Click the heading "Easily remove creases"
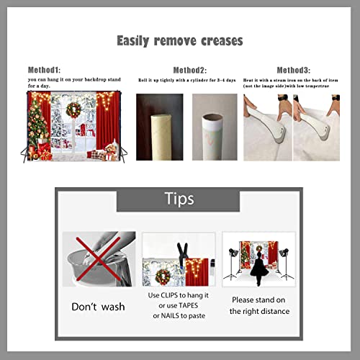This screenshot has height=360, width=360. coord(180,40)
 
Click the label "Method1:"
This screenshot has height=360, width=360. coord(45,69)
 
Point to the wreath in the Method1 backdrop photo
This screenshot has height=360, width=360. coord(73,109)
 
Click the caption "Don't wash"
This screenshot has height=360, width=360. coord(98,307)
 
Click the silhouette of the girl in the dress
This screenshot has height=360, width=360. coord(258,269)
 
